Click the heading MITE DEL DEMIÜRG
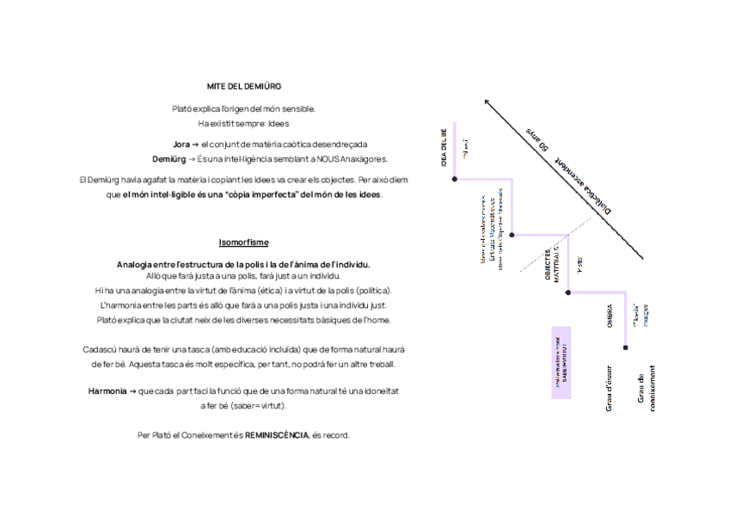point(244,86)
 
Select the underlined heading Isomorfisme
point(244,243)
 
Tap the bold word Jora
point(181,144)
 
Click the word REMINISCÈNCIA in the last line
point(277,435)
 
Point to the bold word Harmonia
point(107,390)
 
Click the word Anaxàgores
point(365,159)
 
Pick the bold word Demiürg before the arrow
point(168,159)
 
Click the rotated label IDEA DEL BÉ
point(445,148)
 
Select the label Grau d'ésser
point(609,387)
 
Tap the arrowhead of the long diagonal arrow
point(487,101)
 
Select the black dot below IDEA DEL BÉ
point(455,179)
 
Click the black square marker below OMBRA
point(626,347)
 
